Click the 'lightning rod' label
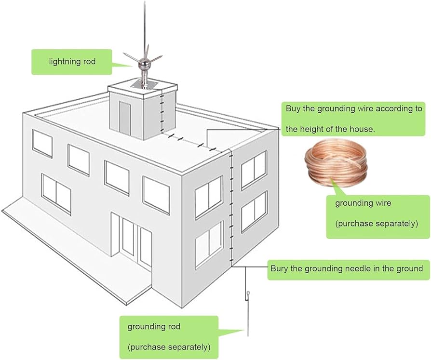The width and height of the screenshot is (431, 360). pos(72,62)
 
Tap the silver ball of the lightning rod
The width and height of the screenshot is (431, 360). pos(143,63)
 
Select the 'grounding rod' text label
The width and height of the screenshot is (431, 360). pos(154,327)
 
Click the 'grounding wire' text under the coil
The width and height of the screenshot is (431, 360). pos(363,203)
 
